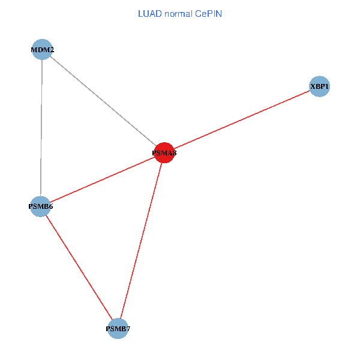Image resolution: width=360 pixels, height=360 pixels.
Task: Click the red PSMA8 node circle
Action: click(x=164, y=153)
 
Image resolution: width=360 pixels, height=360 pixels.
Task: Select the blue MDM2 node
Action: click(x=43, y=50)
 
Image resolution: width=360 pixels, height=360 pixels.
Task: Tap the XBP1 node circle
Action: click(x=319, y=87)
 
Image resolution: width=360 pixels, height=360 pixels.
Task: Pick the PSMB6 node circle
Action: click(x=40, y=206)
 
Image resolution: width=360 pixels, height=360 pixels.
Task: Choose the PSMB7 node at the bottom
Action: click(x=118, y=328)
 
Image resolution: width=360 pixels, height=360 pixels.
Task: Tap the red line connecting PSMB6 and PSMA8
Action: click(x=102, y=180)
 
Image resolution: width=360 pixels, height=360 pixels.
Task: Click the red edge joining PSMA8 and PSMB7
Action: click(x=141, y=241)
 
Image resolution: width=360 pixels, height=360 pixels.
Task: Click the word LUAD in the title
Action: click(x=149, y=13)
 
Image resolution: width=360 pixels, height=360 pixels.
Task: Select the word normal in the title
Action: click(x=178, y=13)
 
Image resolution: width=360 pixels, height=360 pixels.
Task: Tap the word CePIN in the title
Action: click(x=208, y=13)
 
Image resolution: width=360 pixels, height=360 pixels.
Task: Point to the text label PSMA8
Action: click(x=164, y=153)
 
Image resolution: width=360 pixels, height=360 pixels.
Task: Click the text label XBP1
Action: click(x=319, y=87)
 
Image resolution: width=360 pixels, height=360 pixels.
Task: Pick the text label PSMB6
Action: click(x=40, y=206)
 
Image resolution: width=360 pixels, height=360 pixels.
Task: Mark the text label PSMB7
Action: click(x=118, y=329)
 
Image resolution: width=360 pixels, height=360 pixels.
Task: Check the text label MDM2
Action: click(x=43, y=50)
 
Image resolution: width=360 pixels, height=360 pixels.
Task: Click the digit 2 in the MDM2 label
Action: click(x=52, y=50)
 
